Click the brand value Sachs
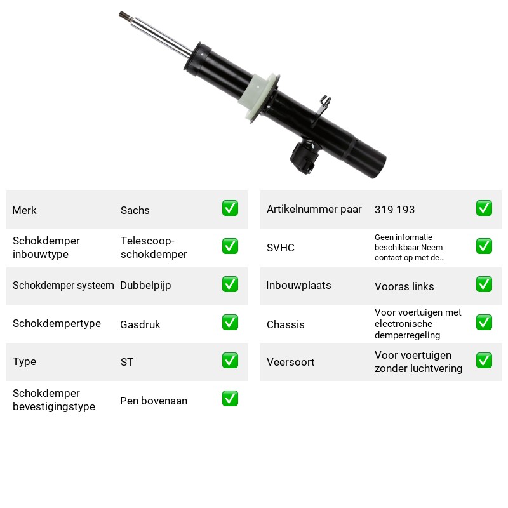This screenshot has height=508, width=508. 135,210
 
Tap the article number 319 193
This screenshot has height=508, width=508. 394,210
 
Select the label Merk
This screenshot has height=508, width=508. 24,210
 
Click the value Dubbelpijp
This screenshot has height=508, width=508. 145,286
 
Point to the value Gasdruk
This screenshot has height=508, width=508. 140,324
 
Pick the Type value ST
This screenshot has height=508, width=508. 126,362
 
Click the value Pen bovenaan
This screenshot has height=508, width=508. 154,401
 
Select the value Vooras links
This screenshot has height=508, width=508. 404,286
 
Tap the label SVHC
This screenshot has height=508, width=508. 280,248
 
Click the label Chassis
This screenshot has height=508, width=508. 285,324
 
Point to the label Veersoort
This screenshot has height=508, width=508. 290,362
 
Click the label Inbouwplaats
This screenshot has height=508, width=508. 298,285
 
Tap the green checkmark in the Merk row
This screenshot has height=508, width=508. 230,208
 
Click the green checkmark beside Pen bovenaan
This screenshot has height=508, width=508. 230,399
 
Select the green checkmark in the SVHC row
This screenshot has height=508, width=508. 484,246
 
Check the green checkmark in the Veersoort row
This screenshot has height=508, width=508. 484,360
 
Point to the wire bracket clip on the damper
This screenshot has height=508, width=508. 321,109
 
